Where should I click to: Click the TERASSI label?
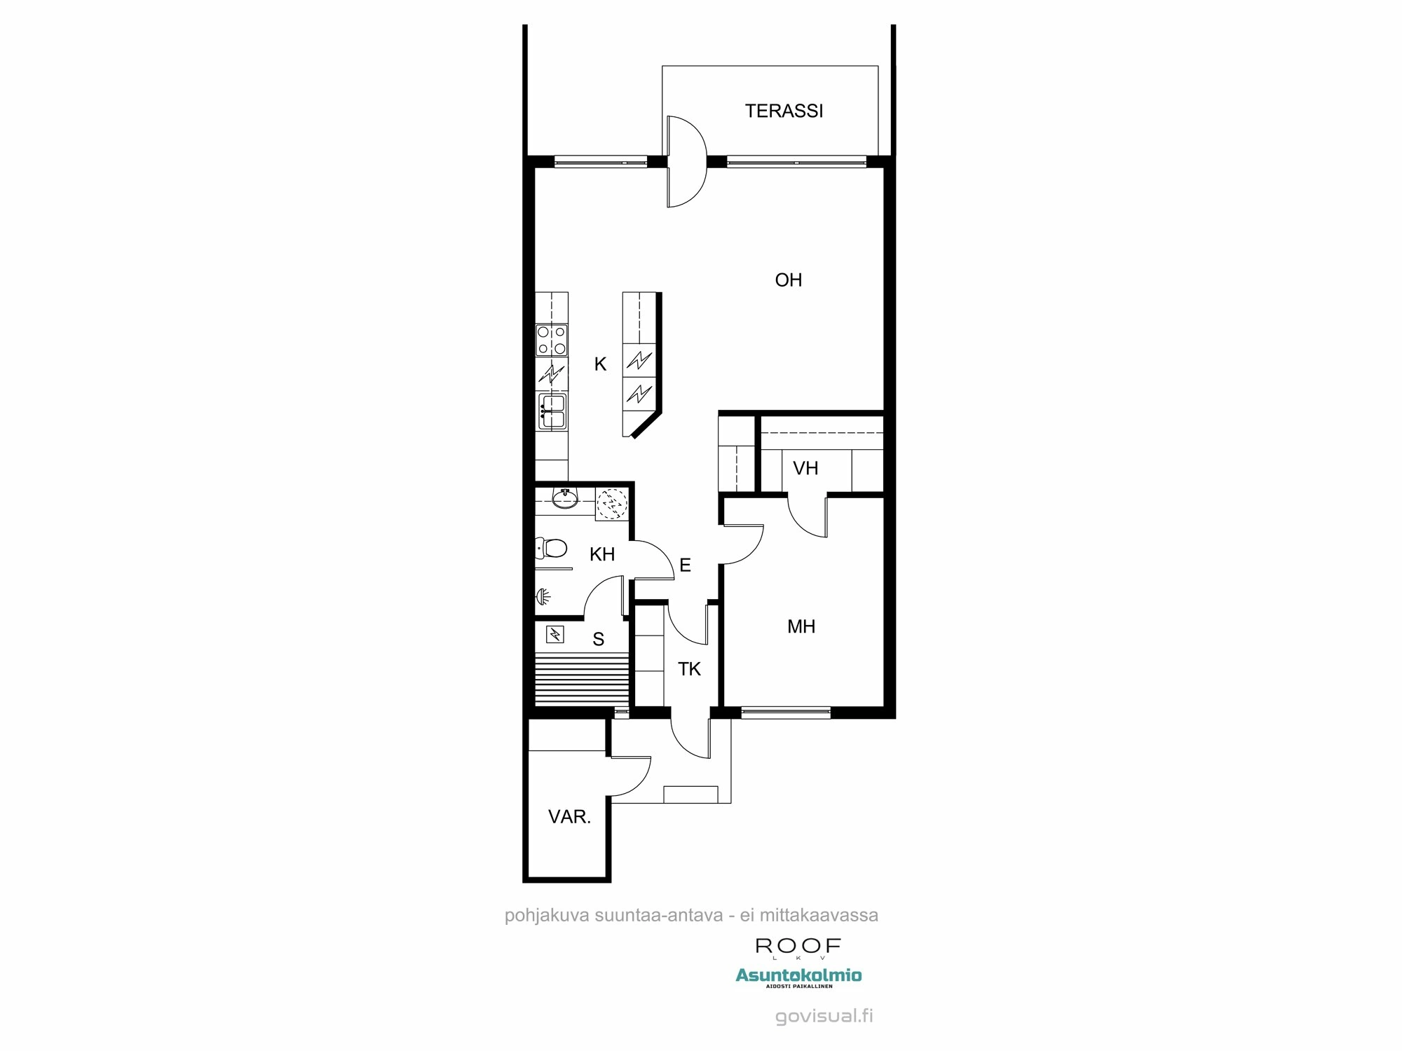coord(784,111)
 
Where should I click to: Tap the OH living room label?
coord(788,280)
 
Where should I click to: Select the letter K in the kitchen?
coord(600,364)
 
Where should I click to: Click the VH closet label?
coord(805,468)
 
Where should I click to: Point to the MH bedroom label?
coord(801,626)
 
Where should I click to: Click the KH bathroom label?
coord(602,555)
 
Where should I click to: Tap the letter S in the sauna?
coord(598,639)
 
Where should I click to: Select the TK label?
coord(689,669)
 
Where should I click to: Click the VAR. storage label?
coord(569,816)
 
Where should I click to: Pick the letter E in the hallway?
coord(685,565)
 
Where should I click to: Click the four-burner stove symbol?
coord(552,341)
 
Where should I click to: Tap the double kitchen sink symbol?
coord(552,411)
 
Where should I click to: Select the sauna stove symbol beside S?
coord(554,635)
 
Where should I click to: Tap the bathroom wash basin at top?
coord(564,498)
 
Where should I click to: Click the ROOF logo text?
coord(798,946)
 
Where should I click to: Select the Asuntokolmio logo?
coord(798,975)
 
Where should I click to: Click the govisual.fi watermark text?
coord(824,1017)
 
